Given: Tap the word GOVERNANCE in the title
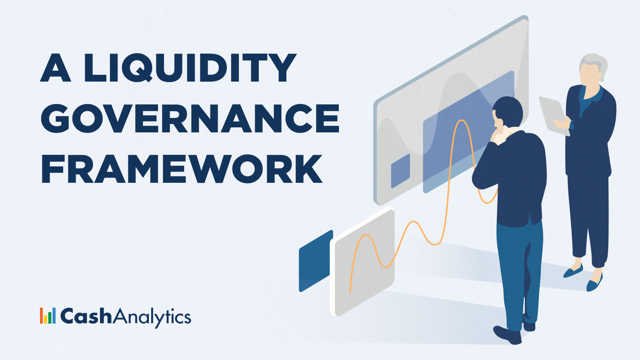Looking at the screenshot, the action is [190, 118].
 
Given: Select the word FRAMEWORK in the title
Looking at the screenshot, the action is [182, 169].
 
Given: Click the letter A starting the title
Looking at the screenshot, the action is [56, 68].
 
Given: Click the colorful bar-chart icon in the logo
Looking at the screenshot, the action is [48, 316].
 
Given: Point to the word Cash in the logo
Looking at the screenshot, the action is [86, 316].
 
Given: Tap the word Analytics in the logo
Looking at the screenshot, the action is [152, 317].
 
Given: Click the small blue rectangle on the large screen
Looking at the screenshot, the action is [400, 171].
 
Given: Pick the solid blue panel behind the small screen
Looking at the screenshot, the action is [315, 261].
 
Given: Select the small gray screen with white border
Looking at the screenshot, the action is [362, 262].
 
